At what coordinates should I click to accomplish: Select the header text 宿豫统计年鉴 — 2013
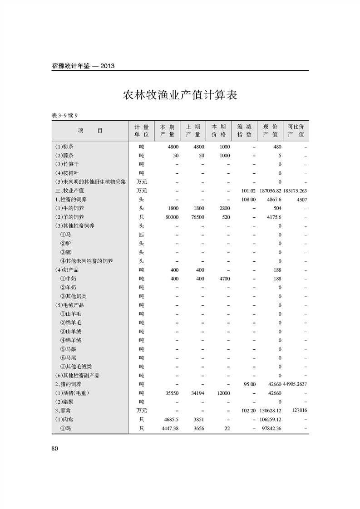coord(83,66)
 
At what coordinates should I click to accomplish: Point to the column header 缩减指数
coord(244,131)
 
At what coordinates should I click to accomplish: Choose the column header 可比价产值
coord(296,131)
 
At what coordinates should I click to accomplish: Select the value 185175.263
coord(296,191)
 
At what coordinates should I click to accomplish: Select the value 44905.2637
coord(295,384)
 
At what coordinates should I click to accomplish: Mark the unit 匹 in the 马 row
coord(141,235)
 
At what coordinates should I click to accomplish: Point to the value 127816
coord(298,411)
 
